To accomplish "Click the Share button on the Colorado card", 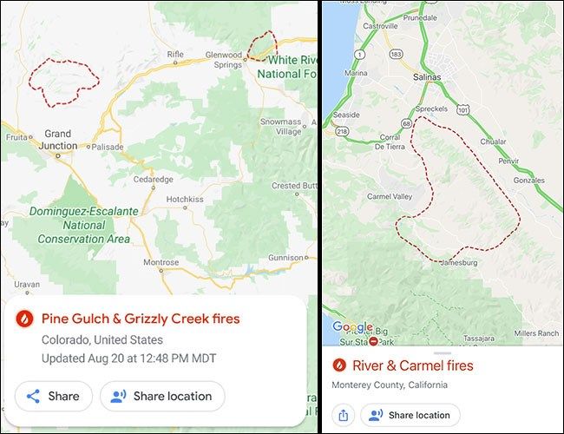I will pos(54,396).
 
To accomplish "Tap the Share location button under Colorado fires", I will pos(162,396).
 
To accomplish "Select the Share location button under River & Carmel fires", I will pos(410,415).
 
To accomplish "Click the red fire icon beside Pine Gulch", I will pos(26,319).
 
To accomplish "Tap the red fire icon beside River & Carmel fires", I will pos(339,365).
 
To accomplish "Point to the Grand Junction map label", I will pos(58,140).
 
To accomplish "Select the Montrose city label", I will pos(161,262).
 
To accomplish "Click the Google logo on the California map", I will pos(351,327).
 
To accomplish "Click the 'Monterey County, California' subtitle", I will pos(390,385).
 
